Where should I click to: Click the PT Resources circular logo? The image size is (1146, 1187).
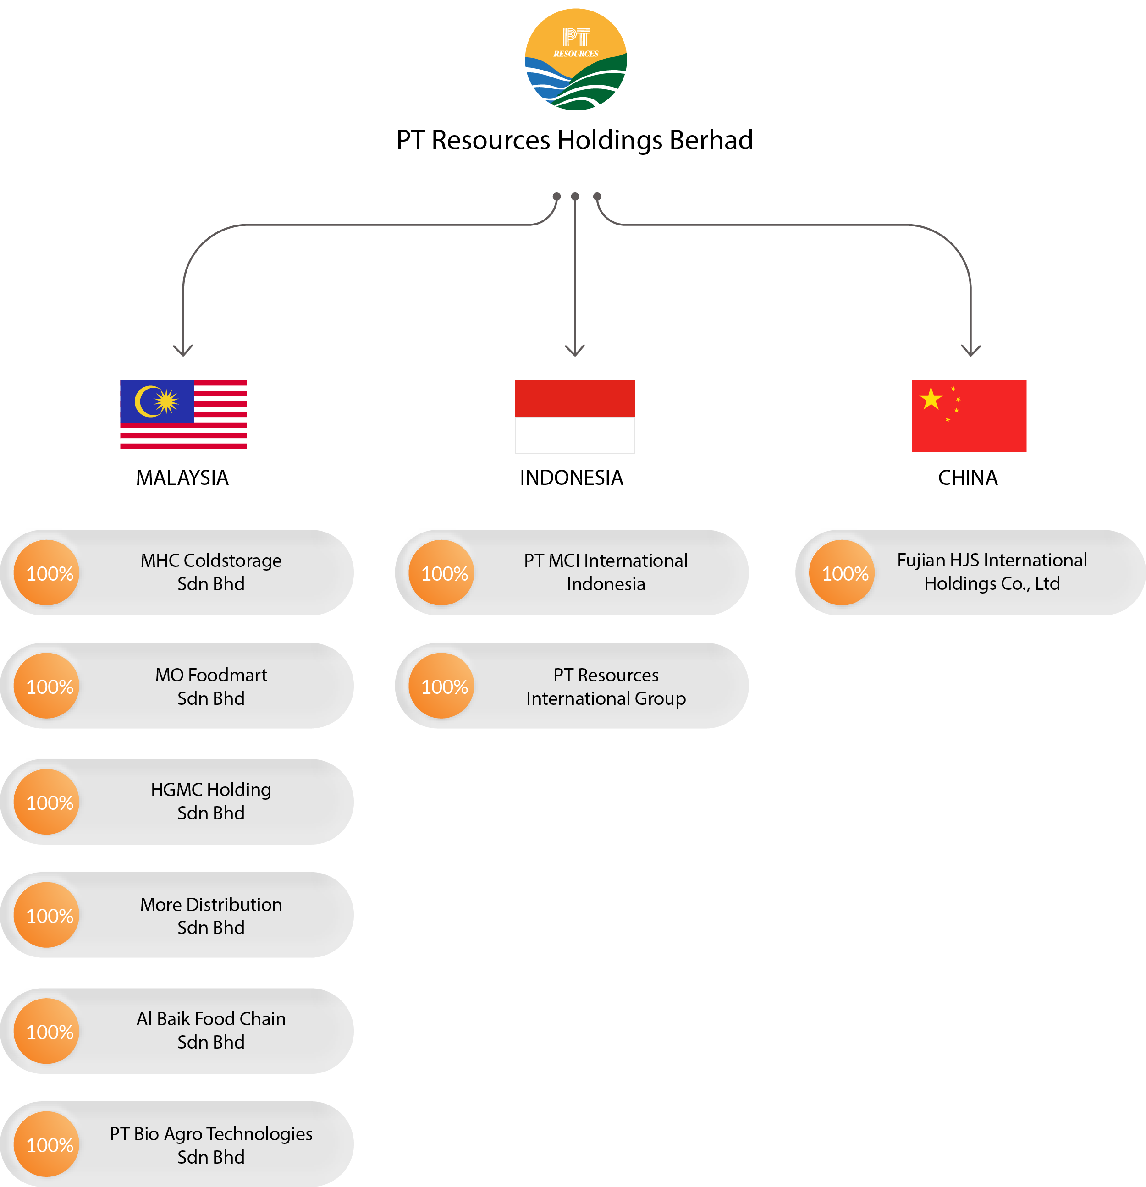coord(575,60)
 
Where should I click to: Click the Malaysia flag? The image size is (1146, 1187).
coord(183,414)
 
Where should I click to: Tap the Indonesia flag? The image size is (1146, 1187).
coord(575,417)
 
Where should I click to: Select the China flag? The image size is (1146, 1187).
coord(969,416)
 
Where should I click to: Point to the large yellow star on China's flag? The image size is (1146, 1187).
coord(931,399)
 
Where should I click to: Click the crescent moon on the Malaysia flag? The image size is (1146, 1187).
coord(146,401)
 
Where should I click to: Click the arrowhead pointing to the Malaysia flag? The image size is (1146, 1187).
coord(183,351)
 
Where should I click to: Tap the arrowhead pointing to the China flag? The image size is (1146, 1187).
coord(970,351)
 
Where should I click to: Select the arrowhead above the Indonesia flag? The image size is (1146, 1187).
coord(575,351)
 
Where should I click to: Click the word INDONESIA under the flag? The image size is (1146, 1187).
coord(571,478)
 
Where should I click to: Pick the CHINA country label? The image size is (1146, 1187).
coord(967,478)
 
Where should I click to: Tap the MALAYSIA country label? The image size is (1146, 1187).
coord(182,478)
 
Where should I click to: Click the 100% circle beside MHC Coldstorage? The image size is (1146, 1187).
coord(47,573)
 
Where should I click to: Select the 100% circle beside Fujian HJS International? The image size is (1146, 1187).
coord(842,573)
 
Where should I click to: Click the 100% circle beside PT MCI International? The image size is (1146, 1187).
coord(441,573)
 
